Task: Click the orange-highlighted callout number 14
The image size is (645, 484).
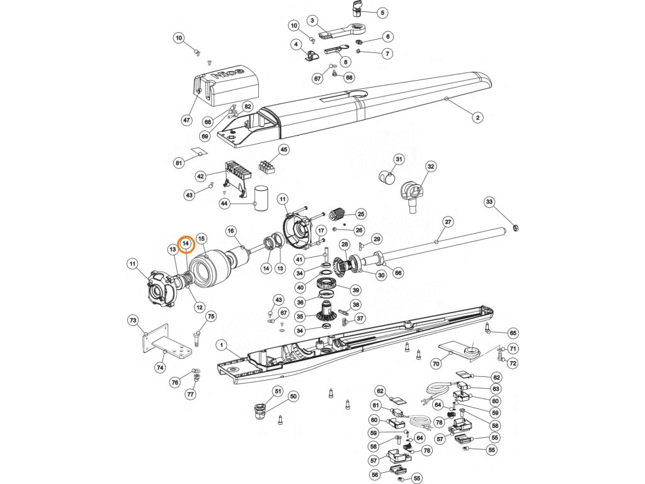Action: point(186,243)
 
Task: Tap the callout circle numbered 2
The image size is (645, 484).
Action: point(477,118)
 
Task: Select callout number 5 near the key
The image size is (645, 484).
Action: point(382,13)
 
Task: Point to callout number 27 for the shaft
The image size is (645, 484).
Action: point(448,222)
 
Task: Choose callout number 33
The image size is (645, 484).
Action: point(489,202)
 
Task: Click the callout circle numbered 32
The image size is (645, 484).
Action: point(431,167)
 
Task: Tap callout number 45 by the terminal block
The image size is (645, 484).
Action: point(284,150)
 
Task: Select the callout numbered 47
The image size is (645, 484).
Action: point(186,120)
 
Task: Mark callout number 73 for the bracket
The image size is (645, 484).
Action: point(133,321)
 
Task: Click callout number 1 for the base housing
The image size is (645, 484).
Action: point(222,345)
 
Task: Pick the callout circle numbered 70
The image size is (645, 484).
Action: point(435,364)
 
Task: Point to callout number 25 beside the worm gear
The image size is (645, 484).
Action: point(361,214)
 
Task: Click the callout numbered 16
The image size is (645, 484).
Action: point(231,231)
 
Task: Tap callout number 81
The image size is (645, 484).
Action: point(179,163)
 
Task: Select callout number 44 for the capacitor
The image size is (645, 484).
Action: point(225,204)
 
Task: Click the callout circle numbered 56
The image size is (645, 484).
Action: point(375,475)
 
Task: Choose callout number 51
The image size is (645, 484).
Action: point(278,391)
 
